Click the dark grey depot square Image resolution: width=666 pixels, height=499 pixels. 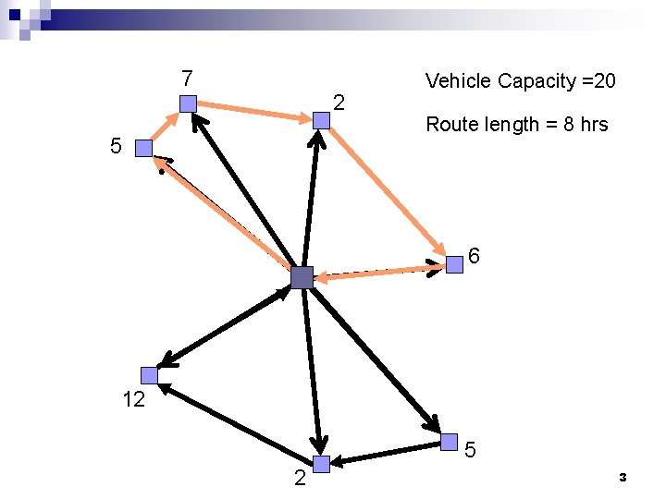(x=302, y=276)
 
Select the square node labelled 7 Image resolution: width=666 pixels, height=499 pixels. (x=188, y=103)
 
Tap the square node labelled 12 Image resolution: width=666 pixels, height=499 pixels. (x=150, y=375)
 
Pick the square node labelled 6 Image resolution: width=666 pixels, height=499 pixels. (x=454, y=265)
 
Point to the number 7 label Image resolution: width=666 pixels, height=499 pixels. (x=187, y=76)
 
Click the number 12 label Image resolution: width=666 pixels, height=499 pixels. (x=133, y=400)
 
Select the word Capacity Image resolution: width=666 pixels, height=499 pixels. (x=535, y=81)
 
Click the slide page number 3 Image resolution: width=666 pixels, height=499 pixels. (x=623, y=477)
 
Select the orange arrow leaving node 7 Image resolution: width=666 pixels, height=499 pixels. (x=254, y=111)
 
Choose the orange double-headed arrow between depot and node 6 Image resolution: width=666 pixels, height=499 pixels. (x=379, y=272)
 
